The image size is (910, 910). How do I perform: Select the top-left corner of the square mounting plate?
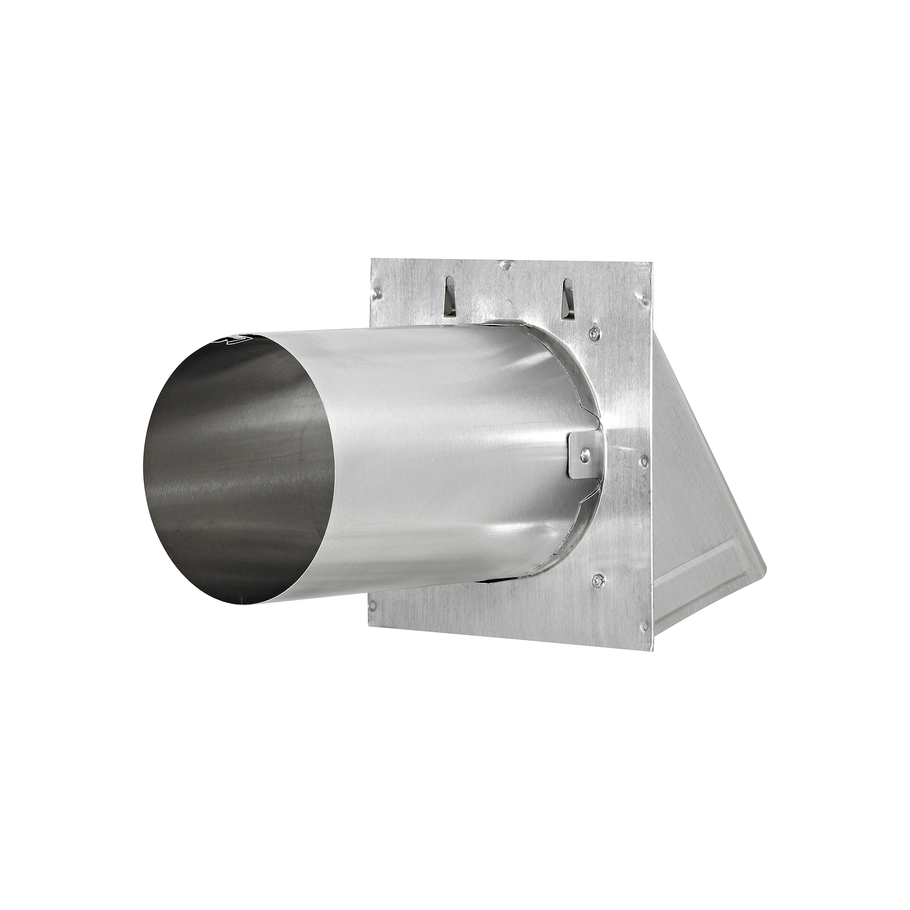pyautogui.click(x=372, y=258)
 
